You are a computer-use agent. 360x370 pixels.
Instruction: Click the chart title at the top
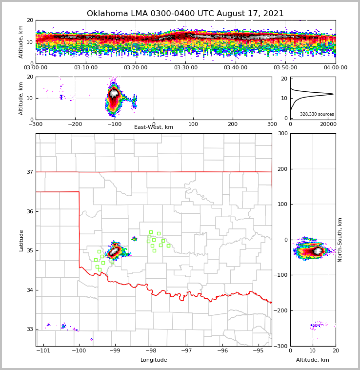(185, 14)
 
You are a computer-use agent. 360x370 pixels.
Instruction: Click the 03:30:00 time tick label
(186, 68)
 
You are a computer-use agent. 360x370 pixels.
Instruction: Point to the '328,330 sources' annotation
(317, 114)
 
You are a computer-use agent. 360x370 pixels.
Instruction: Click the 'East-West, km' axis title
(153, 127)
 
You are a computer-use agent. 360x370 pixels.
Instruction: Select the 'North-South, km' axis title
(340, 240)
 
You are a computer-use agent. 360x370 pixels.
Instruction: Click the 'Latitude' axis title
(21, 240)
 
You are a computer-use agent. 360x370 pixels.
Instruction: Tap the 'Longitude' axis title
(154, 360)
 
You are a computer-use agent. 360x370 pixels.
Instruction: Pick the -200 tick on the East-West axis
(75, 124)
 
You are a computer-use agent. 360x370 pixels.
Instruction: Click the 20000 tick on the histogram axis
(327, 124)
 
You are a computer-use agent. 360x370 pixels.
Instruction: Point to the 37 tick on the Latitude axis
(30, 172)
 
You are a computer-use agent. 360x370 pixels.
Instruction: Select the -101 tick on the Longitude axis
(44, 350)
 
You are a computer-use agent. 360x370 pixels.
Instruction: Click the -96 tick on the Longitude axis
(222, 350)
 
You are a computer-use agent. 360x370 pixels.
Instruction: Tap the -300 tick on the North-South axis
(281, 346)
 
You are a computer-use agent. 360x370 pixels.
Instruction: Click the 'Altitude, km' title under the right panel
(312, 360)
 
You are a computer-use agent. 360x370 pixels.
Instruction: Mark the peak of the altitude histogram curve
(333, 94)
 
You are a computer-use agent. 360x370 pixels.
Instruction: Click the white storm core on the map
(114, 251)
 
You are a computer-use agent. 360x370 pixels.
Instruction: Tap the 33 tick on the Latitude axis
(30, 329)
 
